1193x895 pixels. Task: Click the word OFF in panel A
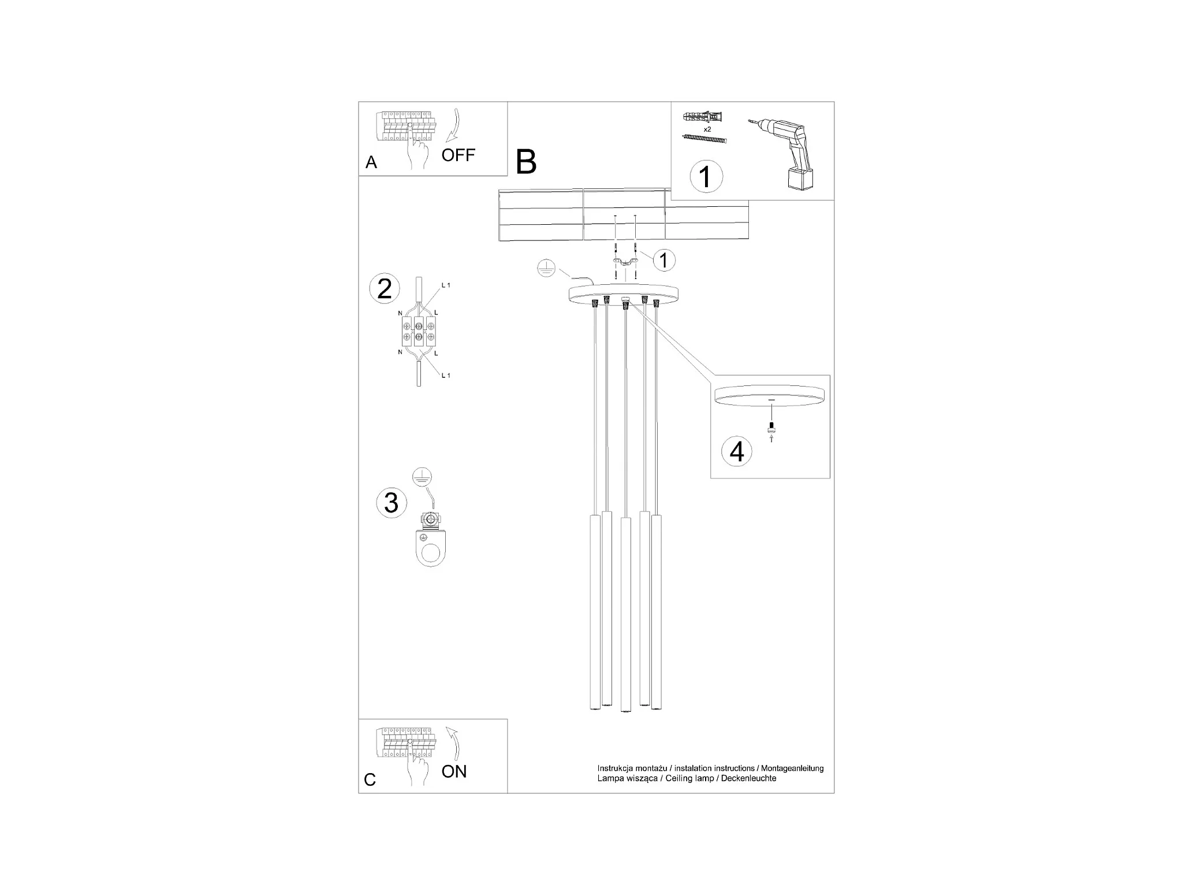click(x=458, y=155)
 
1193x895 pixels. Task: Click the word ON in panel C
click(x=454, y=771)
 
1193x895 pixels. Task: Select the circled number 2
click(x=385, y=289)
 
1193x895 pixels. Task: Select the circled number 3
click(x=392, y=503)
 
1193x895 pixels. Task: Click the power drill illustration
click(x=785, y=151)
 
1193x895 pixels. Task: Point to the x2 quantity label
click(x=707, y=129)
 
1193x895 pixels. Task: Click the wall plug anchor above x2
click(x=702, y=117)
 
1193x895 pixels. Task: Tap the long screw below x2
click(x=704, y=139)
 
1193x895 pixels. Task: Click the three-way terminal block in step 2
click(x=419, y=330)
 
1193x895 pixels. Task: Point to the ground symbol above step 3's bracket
click(x=422, y=477)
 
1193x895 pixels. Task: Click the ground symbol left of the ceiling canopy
click(x=546, y=268)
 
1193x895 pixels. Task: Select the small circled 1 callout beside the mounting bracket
click(x=664, y=260)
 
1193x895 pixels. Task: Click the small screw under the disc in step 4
click(x=771, y=428)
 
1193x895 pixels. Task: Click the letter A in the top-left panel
click(x=371, y=162)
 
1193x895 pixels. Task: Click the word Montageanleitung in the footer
click(x=792, y=768)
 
